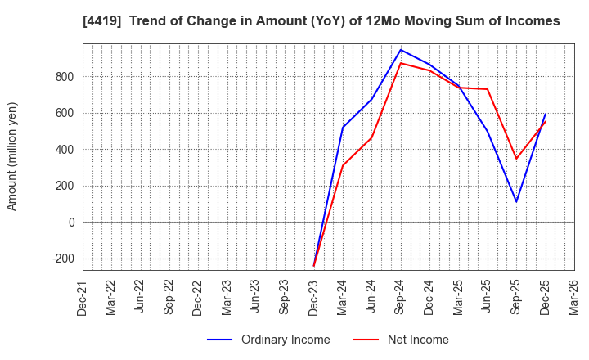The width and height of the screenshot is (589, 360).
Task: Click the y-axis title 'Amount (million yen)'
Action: (x=12, y=156)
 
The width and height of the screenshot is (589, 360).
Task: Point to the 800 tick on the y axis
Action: (x=65, y=77)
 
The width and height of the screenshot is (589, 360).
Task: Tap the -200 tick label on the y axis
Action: (x=61, y=259)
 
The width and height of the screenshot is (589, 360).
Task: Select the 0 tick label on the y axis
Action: (x=71, y=222)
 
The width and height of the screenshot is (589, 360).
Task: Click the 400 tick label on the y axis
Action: (x=65, y=150)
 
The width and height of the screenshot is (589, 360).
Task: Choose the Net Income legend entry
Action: (x=401, y=340)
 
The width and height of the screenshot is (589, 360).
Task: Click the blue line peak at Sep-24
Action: (x=401, y=50)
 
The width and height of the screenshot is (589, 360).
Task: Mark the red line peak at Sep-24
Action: (x=401, y=63)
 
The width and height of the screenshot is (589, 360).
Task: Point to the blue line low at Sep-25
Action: (x=516, y=201)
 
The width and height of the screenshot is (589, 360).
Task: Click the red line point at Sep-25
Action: (x=516, y=159)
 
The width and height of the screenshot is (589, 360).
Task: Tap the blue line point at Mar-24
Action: (x=343, y=128)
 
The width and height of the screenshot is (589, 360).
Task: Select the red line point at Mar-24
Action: (x=343, y=166)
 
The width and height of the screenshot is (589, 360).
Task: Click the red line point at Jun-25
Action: (x=488, y=89)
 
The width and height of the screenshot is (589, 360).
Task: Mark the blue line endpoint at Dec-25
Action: (x=546, y=114)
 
